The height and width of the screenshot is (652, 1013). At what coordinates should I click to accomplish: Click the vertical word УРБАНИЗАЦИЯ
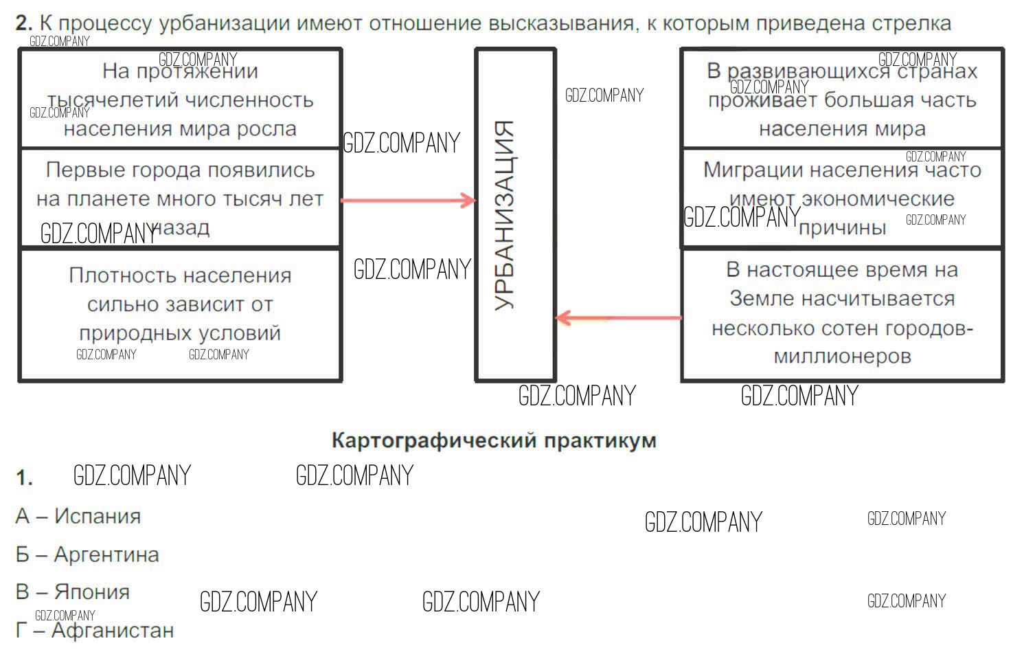click(505, 216)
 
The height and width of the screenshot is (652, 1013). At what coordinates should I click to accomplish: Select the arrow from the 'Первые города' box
click(408, 201)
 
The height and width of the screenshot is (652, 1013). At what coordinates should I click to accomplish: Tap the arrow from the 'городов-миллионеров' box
click(618, 318)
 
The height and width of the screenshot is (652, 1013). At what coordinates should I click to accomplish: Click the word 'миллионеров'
click(842, 357)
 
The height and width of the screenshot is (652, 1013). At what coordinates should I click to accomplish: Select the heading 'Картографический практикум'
click(494, 440)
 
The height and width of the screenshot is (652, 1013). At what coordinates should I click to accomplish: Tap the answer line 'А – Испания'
click(78, 516)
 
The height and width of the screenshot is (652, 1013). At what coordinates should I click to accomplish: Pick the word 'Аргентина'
click(106, 554)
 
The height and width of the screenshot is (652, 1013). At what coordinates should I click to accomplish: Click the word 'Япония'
click(92, 592)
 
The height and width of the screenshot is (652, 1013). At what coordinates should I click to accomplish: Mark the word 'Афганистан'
click(113, 630)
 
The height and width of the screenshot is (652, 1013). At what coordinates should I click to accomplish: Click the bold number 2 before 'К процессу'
click(23, 23)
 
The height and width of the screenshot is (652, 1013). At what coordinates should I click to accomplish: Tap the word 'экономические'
click(878, 199)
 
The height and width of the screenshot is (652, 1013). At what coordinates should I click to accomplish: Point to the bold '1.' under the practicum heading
click(25, 477)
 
